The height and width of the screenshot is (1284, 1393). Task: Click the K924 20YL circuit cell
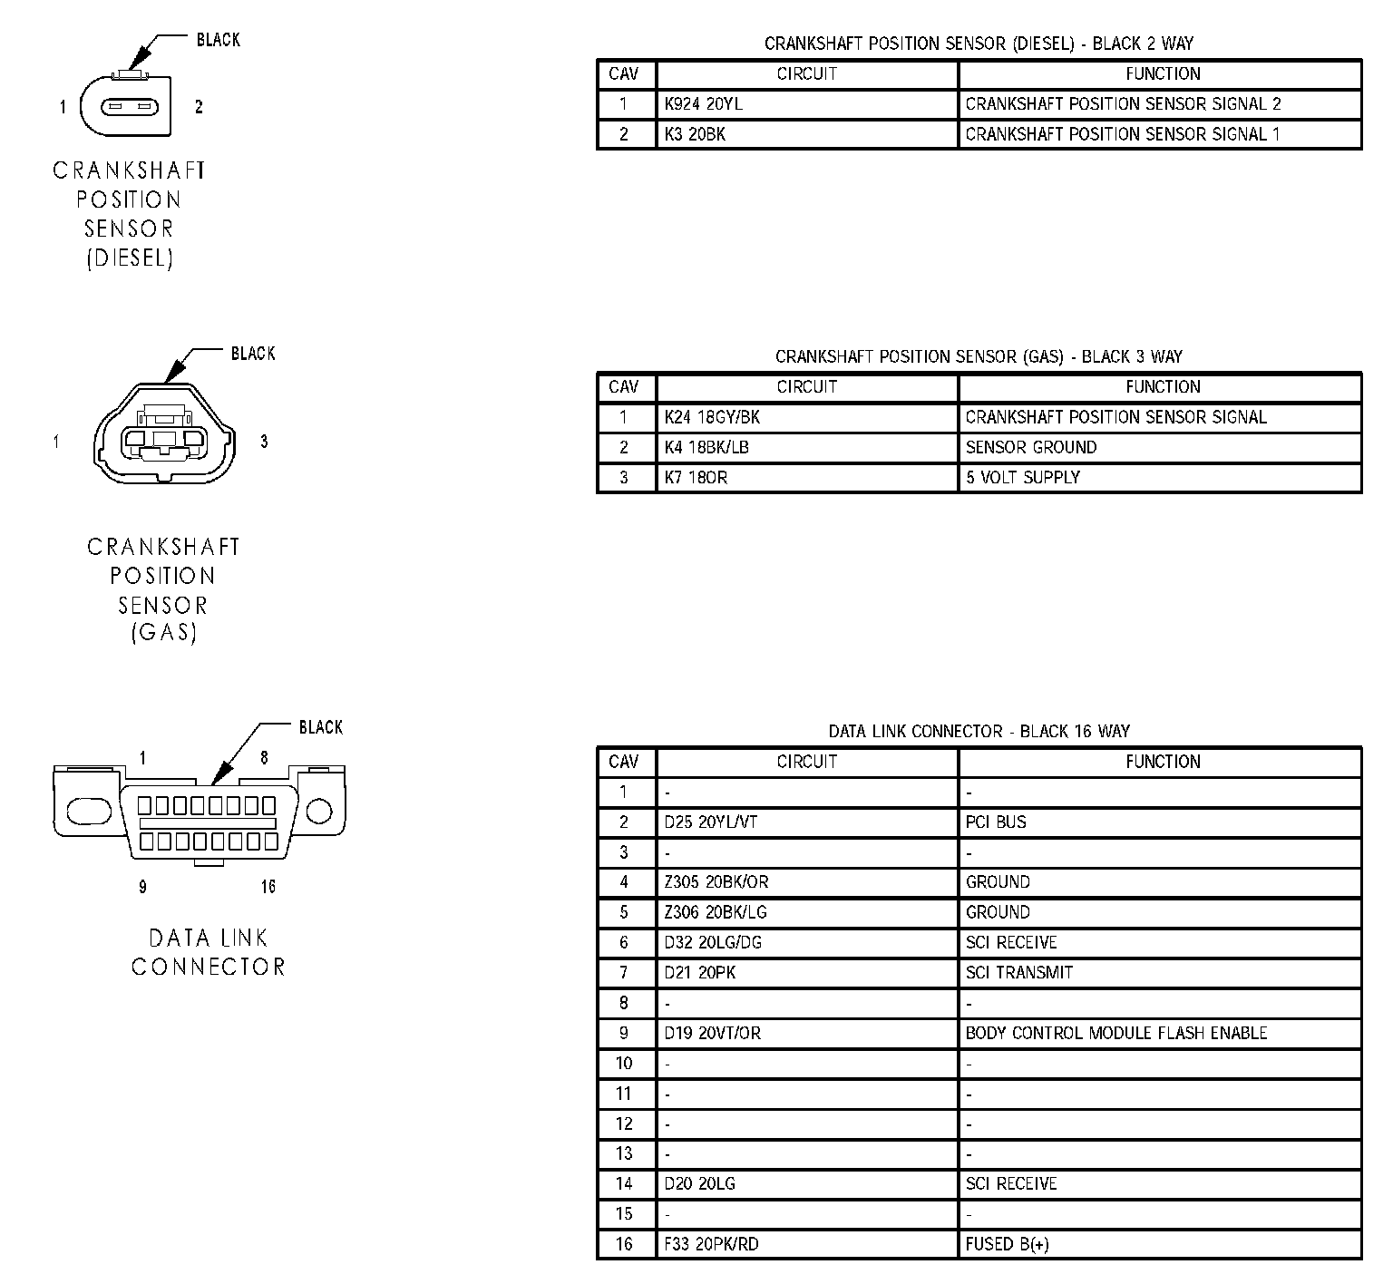click(x=807, y=104)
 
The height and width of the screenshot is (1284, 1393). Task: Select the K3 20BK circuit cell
click(x=807, y=134)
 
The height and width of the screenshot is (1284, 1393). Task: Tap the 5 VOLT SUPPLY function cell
click(x=1160, y=478)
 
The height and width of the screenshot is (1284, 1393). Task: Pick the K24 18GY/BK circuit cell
click(x=807, y=417)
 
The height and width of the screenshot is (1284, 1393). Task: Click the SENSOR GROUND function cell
click(x=1160, y=447)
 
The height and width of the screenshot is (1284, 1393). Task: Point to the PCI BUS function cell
click(x=1160, y=822)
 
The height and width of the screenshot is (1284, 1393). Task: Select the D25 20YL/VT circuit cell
click(x=807, y=822)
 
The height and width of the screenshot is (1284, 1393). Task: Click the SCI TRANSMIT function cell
click(x=1160, y=973)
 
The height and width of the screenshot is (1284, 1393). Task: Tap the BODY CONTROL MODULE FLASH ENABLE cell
click(x=1160, y=1033)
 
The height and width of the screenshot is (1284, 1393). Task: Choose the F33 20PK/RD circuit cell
click(x=807, y=1244)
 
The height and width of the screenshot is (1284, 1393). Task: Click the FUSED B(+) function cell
click(x=1160, y=1244)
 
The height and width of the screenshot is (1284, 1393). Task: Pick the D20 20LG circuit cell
click(x=807, y=1183)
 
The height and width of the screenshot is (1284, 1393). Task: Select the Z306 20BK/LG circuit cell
click(x=807, y=912)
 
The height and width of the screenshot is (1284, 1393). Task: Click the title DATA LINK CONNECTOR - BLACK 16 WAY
click(x=979, y=731)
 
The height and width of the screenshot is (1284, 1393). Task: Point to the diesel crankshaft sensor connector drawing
click(x=125, y=104)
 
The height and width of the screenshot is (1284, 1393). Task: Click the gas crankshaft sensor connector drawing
click(x=162, y=432)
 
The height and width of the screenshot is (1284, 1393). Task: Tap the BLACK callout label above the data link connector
click(x=321, y=727)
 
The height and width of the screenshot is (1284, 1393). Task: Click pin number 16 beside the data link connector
click(x=268, y=886)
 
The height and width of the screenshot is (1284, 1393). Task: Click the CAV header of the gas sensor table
click(x=624, y=387)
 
